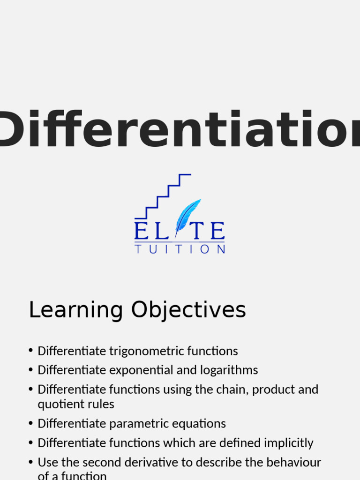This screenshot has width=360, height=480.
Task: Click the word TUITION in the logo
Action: point(180,249)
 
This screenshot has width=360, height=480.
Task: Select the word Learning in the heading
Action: point(76,310)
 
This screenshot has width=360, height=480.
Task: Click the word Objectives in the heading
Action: point(188,310)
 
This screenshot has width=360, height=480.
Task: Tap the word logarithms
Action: point(229,370)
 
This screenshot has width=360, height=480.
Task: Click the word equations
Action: point(200,424)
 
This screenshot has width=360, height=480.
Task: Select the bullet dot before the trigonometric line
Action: point(31,351)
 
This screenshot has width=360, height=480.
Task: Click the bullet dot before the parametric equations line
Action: point(31,424)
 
